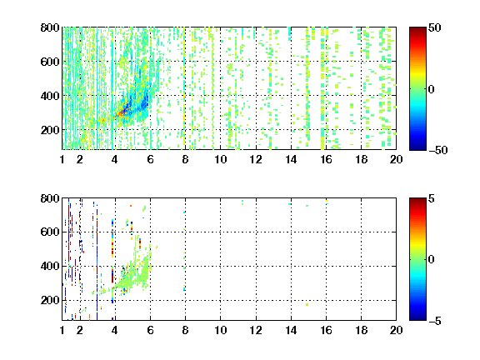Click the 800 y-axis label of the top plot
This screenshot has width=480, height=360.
pos(50,27)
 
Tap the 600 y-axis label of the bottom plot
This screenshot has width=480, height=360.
pos(50,232)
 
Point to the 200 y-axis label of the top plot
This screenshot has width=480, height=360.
pos(50,130)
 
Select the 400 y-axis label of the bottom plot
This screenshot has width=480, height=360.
pos(50,266)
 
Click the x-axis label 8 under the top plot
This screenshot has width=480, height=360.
pos(185,159)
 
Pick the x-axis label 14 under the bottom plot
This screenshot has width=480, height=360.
pos(291,330)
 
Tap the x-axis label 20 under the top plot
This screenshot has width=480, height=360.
pos(396,159)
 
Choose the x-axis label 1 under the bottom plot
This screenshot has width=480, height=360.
pos(62,330)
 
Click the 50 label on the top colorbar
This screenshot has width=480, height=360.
pos(434,27)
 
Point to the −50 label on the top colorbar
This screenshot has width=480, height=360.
pos(438,150)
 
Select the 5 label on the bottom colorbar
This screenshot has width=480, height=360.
pos(432,198)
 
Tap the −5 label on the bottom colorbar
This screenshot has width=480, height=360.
pos(435,321)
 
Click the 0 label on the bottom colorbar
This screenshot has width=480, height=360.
pos(431,260)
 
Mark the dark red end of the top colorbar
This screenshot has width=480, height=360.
pos(417,29)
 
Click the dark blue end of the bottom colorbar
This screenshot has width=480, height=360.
pos(417,318)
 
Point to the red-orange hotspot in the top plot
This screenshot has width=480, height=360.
pos(121,112)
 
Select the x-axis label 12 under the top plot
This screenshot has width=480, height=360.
pos(256,159)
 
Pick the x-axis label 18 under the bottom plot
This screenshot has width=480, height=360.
pos(361,330)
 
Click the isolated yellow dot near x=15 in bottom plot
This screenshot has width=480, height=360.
pos(307,305)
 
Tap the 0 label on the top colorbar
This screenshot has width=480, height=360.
pos(431,89)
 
